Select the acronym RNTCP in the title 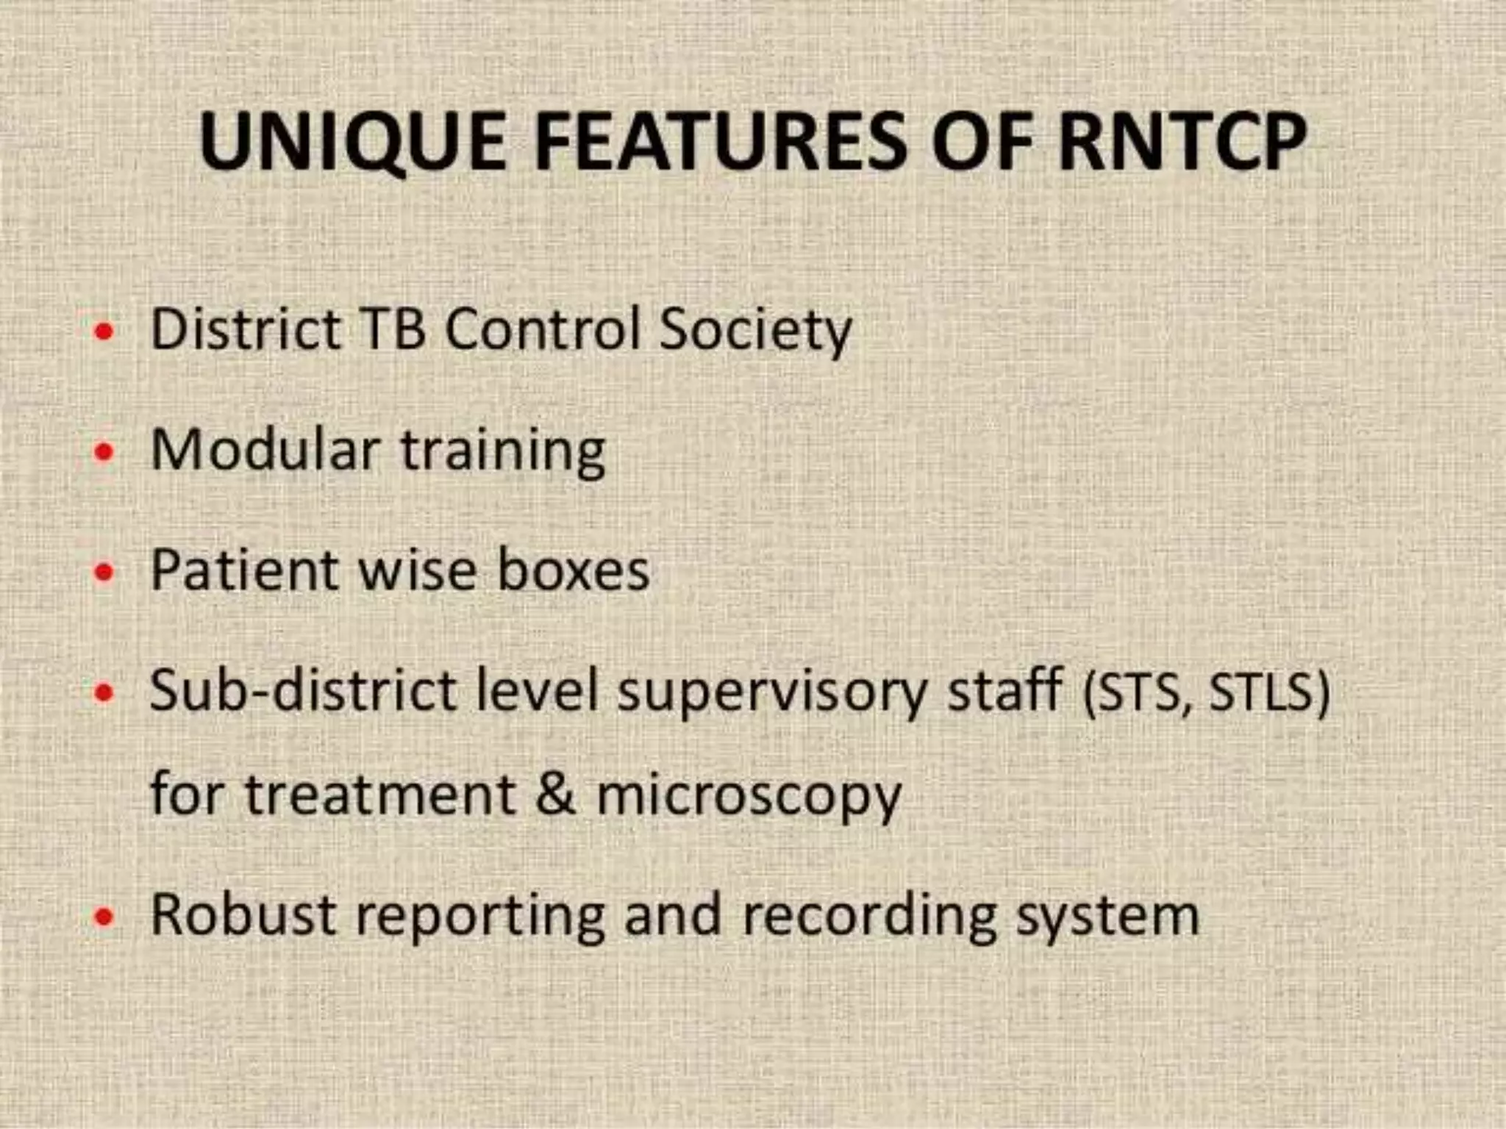click(x=1182, y=141)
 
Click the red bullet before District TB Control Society click(x=105, y=331)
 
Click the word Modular click(x=265, y=449)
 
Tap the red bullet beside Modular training click(x=105, y=452)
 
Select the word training click(x=503, y=452)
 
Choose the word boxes click(x=574, y=570)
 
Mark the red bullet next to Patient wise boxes click(x=105, y=573)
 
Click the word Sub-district click(x=306, y=692)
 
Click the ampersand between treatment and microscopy click(x=555, y=795)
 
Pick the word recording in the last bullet click(x=869, y=917)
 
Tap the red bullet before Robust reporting click(x=105, y=917)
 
